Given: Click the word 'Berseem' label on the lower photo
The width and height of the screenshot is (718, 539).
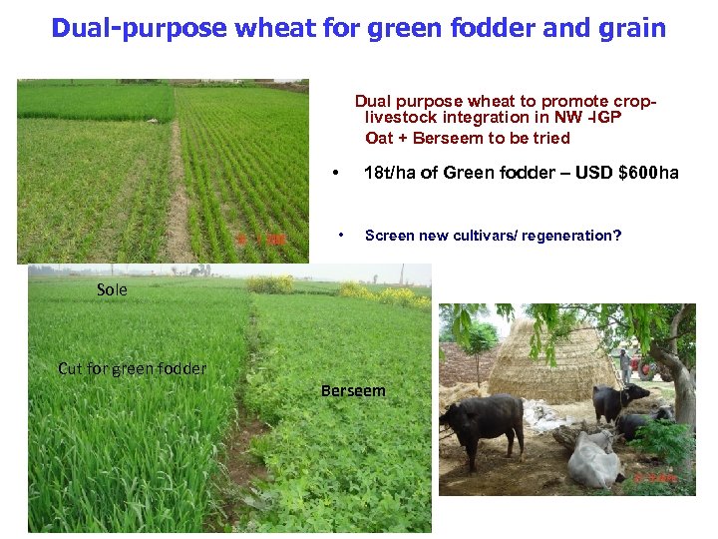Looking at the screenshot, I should (353, 391).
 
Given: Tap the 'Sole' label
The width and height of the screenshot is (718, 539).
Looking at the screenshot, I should (113, 289).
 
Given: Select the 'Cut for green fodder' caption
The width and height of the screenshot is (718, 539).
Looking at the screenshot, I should (133, 368).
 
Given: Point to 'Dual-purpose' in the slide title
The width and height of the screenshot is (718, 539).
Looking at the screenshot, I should (140, 28).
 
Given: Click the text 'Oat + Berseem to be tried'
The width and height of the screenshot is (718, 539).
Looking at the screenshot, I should (468, 138).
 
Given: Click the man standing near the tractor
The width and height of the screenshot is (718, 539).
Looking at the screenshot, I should (625, 363).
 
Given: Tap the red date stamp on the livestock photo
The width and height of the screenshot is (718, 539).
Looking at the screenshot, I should (656, 478).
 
